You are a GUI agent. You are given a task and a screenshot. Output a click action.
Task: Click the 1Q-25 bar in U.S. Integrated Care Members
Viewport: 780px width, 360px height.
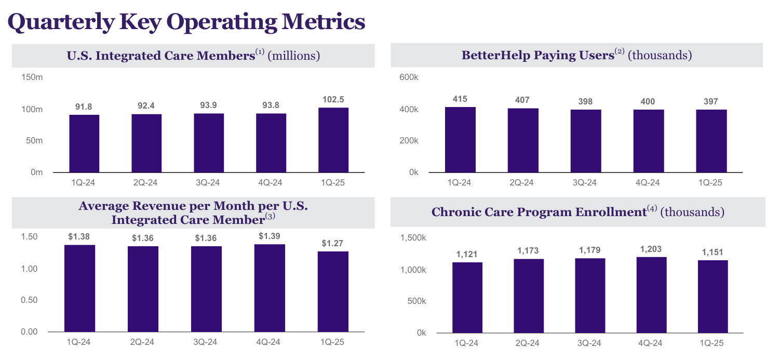click(x=333, y=140)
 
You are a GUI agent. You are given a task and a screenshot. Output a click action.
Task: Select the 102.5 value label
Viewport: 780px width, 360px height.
click(x=333, y=99)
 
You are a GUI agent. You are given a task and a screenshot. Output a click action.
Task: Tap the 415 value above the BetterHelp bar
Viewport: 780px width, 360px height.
click(x=460, y=98)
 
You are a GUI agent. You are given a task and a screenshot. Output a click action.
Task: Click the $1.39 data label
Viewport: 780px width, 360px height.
click(x=270, y=236)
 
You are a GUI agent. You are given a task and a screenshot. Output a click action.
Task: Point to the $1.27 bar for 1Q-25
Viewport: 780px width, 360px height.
click(x=333, y=291)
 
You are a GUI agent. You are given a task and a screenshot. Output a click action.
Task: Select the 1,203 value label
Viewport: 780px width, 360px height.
click(x=651, y=249)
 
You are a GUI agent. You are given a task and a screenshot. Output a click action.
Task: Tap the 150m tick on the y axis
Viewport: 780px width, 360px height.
click(x=32, y=77)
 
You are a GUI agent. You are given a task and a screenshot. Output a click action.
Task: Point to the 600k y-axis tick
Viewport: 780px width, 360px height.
click(x=408, y=77)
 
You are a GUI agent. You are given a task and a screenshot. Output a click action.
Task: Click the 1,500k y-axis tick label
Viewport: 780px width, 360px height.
click(x=413, y=237)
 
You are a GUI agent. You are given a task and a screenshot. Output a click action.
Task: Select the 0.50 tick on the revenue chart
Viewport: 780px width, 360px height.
click(x=29, y=300)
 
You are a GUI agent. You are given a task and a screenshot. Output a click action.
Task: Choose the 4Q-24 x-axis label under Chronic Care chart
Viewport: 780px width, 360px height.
click(x=651, y=343)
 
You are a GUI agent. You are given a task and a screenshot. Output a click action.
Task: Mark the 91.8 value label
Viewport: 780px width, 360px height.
click(x=84, y=106)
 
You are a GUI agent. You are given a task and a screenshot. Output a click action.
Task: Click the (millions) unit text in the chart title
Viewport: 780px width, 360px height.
click(x=293, y=55)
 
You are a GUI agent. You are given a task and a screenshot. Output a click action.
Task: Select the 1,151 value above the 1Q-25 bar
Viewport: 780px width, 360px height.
click(x=712, y=252)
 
